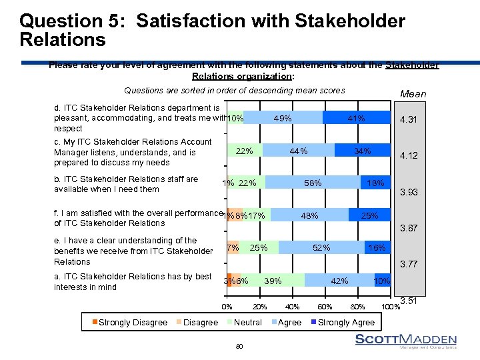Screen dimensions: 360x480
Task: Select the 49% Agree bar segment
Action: pos(283,118)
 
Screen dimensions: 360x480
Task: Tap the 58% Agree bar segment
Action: pos(312,183)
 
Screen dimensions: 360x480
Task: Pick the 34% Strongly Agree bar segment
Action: pos(362,151)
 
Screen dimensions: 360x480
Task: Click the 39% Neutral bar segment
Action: pos(273,281)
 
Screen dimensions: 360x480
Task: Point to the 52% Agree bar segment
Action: pos(321,248)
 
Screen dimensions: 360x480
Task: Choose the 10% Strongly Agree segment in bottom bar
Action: pos(382,281)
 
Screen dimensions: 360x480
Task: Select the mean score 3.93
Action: pos(409,193)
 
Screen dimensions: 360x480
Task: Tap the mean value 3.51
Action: pos(409,301)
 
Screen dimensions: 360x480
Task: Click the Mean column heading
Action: pos(412,94)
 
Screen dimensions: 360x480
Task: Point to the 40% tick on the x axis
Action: pos(292,307)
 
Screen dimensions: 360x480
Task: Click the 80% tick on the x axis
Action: pos(357,307)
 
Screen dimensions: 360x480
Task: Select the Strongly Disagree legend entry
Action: pos(128,323)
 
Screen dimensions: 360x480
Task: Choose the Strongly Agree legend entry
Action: pos(343,323)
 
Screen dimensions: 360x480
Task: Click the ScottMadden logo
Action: pos(405,341)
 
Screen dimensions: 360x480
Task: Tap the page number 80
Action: pos(239,346)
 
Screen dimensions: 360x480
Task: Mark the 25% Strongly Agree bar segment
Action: pos(369,215)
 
